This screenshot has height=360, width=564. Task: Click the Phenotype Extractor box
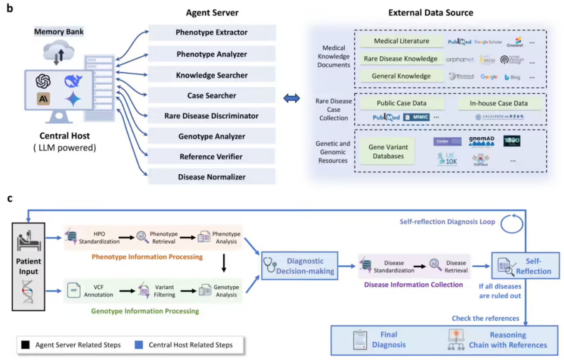coord(212,33)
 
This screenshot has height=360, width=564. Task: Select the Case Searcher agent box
coord(212,95)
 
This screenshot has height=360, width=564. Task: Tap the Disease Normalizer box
coord(212,177)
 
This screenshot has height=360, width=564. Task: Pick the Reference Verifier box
coord(212,156)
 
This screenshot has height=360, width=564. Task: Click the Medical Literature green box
coord(401,41)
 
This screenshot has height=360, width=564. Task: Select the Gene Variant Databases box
coord(388,151)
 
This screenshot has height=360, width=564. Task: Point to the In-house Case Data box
coord(499,104)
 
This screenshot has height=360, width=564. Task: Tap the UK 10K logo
coord(447,159)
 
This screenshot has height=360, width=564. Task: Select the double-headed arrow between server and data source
coord(291,99)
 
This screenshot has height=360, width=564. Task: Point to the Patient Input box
coord(28,266)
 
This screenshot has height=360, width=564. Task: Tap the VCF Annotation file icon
coord(74,290)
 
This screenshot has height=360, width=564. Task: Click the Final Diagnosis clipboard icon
coord(360,340)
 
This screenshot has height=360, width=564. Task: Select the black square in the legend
coord(26,345)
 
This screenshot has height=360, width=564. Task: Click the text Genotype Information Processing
coord(145,311)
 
